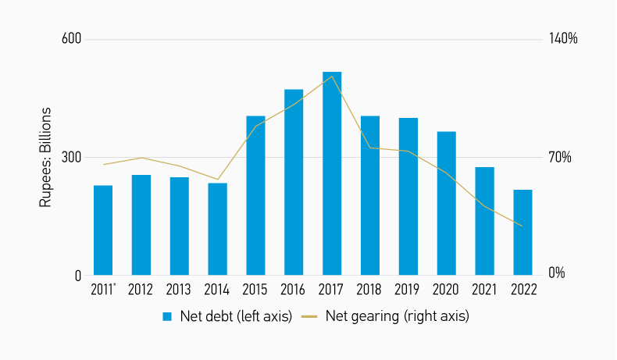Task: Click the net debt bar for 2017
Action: pyautogui.click(x=332, y=173)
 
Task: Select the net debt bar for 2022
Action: pyautogui.click(x=522, y=232)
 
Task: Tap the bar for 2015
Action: pyautogui.click(x=255, y=195)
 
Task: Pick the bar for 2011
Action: pyautogui.click(x=103, y=230)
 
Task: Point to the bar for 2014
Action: pyautogui.click(x=217, y=229)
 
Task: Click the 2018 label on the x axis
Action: pyautogui.click(x=370, y=290)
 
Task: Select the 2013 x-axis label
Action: pyautogui.click(x=179, y=290)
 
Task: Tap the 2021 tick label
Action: pyautogui.click(x=485, y=290)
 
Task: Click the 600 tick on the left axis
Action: pyautogui.click(x=72, y=39)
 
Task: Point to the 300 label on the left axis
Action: pyautogui.click(x=72, y=157)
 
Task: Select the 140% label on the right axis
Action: pyautogui.click(x=562, y=39)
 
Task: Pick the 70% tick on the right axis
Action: pyautogui.click(x=559, y=157)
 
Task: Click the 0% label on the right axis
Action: pyautogui.click(x=557, y=274)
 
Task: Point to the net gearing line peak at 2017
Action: pyautogui.click(x=333, y=76)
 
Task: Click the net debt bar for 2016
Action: pyautogui.click(x=294, y=182)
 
